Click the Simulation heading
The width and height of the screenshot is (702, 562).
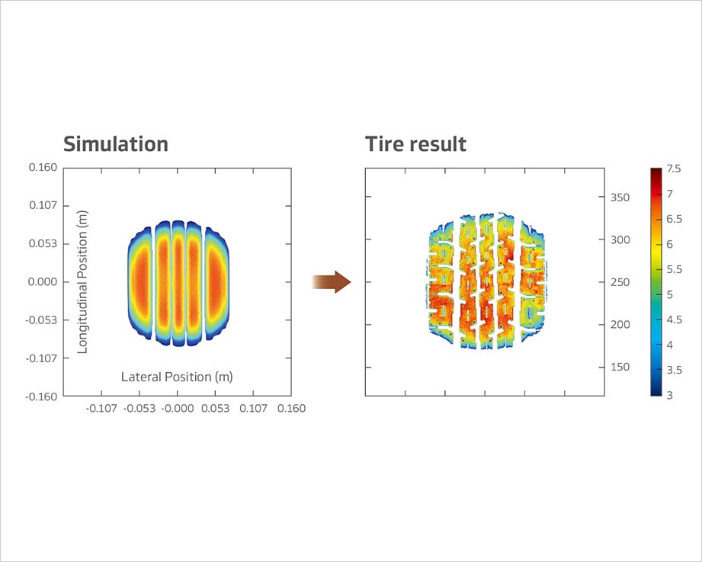[x=115, y=143]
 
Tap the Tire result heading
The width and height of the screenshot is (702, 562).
[x=415, y=143]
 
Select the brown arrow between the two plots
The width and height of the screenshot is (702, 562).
[x=332, y=282]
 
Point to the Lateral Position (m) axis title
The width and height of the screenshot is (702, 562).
[x=177, y=377]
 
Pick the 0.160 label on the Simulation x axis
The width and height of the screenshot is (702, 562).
[x=291, y=409]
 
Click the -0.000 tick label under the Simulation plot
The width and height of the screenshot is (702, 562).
[x=177, y=409]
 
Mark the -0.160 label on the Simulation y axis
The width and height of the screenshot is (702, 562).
[x=43, y=397]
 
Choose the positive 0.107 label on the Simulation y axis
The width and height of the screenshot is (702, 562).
[x=44, y=206]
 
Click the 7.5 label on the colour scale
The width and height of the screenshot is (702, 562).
[x=674, y=169]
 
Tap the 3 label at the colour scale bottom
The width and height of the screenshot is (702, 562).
[x=669, y=395]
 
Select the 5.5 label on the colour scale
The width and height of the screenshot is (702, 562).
[x=674, y=269]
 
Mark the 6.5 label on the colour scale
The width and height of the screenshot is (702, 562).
[x=674, y=219]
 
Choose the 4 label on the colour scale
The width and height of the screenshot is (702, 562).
[x=669, y=345]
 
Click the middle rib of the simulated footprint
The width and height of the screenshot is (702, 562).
[x=178, y=282]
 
